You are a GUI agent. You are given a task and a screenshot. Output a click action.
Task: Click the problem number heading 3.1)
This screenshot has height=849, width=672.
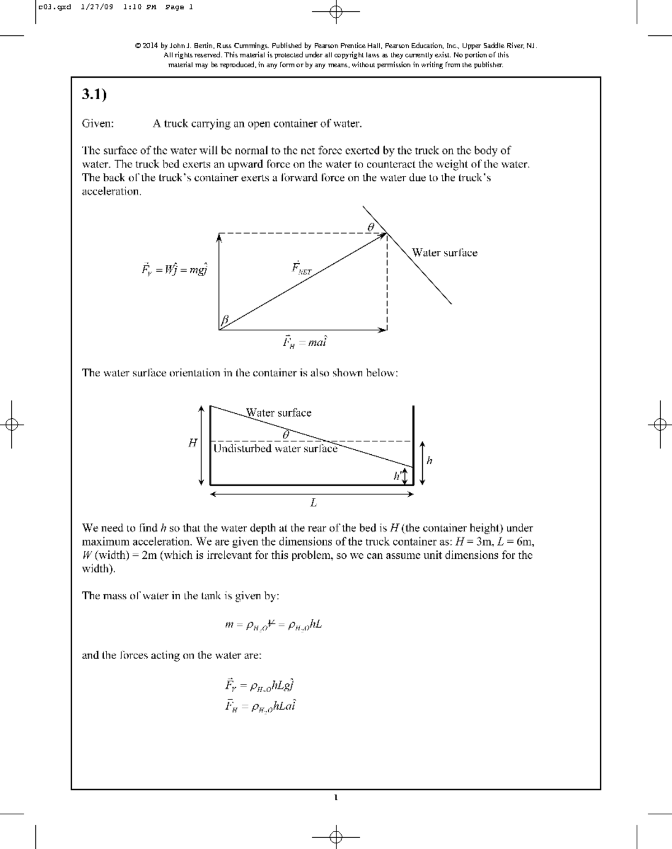pos(94,95)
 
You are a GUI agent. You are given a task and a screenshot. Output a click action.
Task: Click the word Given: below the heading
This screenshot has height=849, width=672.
pos(98,124)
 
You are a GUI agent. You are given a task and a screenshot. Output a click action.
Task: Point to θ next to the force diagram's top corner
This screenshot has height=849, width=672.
pos(370,226)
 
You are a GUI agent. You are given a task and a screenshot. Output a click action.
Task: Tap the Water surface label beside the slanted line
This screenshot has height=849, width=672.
pos(445,253)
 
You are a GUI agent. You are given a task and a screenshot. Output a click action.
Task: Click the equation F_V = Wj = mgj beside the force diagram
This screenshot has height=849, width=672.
pos(174,269)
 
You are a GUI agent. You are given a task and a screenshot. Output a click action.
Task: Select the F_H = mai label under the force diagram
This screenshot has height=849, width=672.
pos(304,342)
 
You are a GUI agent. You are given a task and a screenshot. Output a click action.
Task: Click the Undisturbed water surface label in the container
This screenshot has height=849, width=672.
pos(275,449)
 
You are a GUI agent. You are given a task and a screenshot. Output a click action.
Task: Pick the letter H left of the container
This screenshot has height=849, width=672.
pos(193,443)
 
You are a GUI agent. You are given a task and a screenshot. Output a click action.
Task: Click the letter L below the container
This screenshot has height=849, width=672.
pos(314,503)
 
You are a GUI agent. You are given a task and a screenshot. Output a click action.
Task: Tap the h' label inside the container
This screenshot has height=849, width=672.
pos(397,477)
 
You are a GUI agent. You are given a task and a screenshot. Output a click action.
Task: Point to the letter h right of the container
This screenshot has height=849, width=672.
pos(430,461)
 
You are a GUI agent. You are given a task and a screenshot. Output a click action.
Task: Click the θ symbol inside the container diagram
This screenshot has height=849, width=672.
pos(286,434)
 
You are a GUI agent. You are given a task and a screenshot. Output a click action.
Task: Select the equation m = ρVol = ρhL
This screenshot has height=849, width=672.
pos(273,625)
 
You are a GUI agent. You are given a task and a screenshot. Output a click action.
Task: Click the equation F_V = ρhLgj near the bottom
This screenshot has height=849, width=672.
pos(259,685)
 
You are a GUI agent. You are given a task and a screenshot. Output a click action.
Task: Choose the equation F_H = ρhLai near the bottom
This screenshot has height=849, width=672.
pos(260,706)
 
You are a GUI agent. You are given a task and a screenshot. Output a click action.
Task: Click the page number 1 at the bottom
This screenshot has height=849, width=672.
pos(335,797)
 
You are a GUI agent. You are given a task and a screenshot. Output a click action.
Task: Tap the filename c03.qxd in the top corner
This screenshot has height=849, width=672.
pos(54,7)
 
